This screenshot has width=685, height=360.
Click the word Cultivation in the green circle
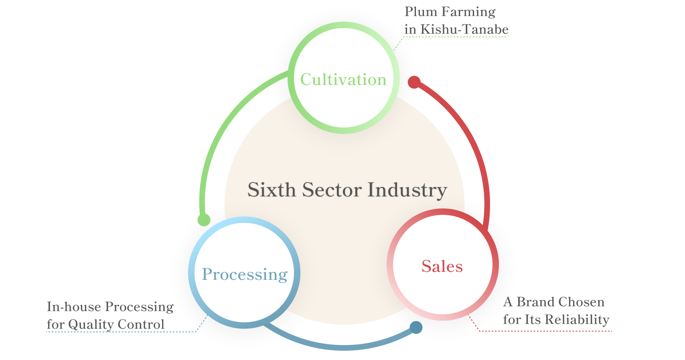click(343, 79)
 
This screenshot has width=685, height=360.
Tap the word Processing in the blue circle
click(245, 274)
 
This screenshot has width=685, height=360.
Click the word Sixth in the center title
click(272, 190)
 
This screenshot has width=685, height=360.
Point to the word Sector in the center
click(332, 190)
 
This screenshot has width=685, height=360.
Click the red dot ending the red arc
click(414, 82)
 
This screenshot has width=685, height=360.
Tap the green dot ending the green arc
click(204, 220)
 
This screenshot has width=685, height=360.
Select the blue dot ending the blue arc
click(416, 327)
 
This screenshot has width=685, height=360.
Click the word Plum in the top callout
click(420, 12)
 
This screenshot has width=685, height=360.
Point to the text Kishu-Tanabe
click(464, 29)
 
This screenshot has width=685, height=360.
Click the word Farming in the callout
click(468, 12)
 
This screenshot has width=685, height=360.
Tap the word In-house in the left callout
click(74, 307)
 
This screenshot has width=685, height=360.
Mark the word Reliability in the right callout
click(578, 320)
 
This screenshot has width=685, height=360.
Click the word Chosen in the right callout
click(582, 302)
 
